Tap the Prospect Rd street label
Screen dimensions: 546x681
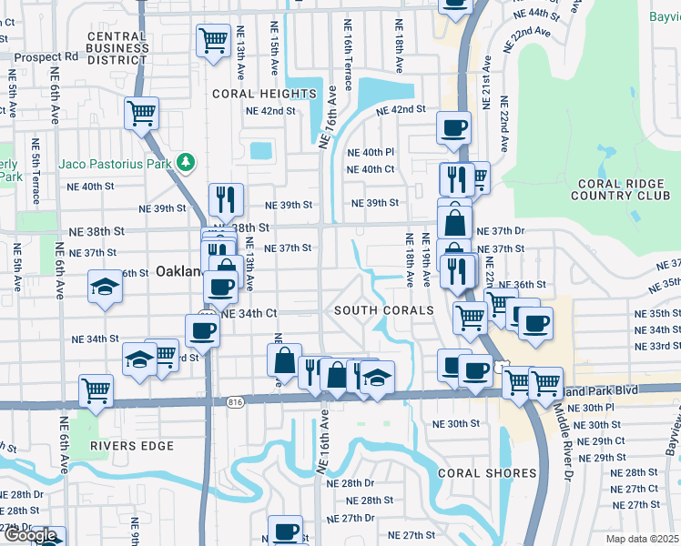(x=46, y=56)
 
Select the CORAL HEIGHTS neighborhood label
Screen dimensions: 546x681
(x=264, y=94)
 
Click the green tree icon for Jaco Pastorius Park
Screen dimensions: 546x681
(x=187, y=161)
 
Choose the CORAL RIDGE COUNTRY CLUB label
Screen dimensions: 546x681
(x=618, y=187)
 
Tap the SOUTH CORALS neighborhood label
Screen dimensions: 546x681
(x=383, y=310)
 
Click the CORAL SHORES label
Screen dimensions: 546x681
(x=487, y=473)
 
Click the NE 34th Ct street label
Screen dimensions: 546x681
(x=249, y=313)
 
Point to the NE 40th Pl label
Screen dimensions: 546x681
(x=371, y=152)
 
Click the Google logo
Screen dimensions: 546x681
(x=30, y=535)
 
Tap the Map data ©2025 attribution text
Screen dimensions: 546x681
(x=643, y=539)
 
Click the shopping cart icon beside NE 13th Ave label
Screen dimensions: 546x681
(x=212, y=40)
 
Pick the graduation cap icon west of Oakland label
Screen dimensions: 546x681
(x=105, y=288)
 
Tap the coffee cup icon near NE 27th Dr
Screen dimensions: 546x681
(x=285, y=531)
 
